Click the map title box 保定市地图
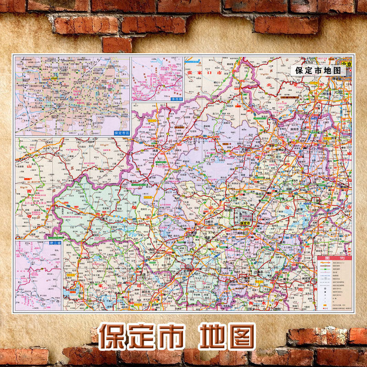point(318,71)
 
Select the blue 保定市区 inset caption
point(121,133)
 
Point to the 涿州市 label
point(305,130)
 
